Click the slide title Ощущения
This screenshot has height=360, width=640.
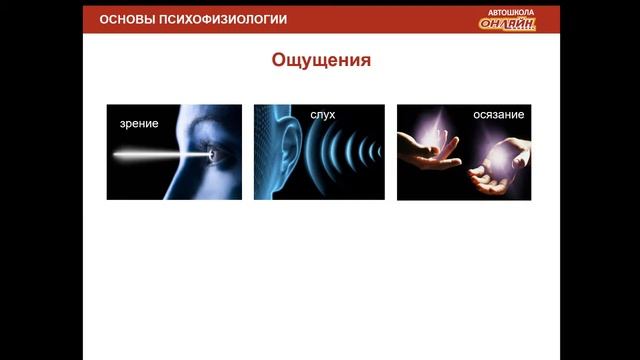[321, 61]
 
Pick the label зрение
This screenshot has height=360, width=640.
[138, 123]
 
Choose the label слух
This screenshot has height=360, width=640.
[322, 115]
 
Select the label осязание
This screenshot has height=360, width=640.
[499, 115]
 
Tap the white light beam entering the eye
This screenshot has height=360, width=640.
[160, 155]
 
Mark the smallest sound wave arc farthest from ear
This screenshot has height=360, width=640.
[379, 152]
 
